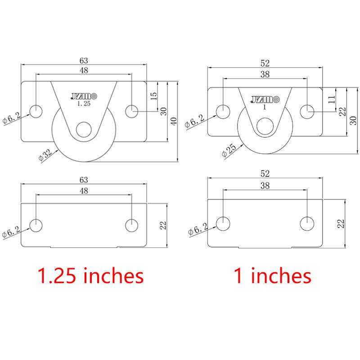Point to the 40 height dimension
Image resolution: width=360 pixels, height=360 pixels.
tap(174, 121)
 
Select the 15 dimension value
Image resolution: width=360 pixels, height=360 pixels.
tap(153, 96)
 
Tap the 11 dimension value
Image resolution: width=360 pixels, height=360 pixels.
tap(332, 100)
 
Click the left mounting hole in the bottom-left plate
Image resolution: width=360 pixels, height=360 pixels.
tap(36, 225)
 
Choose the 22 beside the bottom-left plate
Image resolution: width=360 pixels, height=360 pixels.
tap(163, 225)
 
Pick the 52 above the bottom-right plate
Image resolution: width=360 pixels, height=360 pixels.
tap(265, 173)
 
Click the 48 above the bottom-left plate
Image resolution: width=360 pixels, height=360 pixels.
tap(84, 191)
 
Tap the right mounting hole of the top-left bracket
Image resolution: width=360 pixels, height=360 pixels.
tap(131, 111)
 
